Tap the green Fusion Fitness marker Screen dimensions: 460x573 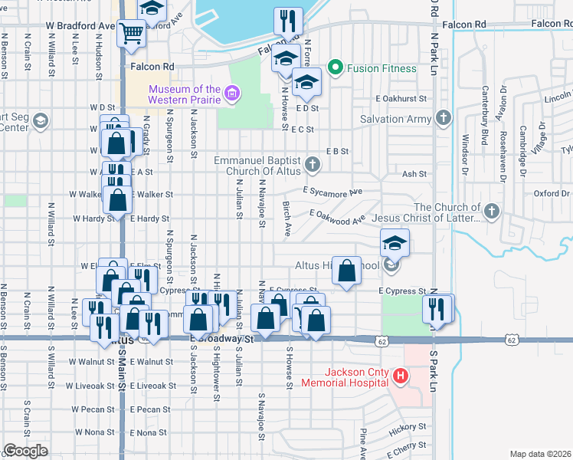[x=334, y=68]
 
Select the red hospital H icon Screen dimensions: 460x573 [x=399, y=376]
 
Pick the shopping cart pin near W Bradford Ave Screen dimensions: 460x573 [x=131, y=33]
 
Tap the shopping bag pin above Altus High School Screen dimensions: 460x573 [x=347, y=271]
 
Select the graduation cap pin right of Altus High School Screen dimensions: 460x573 [x=395, y=244]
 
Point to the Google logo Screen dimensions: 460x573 [x=25, y=451]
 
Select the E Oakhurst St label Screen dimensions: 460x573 [x=401, y=99]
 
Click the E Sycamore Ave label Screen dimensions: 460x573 [x=332, y=191]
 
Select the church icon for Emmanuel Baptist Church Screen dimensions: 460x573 [x=312, y=164]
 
